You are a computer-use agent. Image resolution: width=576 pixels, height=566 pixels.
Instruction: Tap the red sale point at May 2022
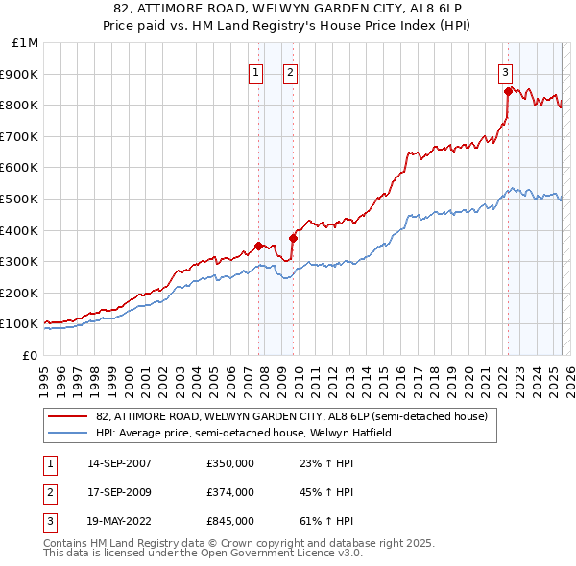[507, 92]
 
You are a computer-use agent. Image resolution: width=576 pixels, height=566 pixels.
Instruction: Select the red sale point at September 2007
[258, 245]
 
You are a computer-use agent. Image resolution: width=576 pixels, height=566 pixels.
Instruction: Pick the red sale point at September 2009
[293, 238]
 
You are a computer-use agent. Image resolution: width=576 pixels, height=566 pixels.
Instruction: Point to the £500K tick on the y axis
[19, 199]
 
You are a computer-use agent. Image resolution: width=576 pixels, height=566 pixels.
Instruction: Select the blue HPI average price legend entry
[244, 433]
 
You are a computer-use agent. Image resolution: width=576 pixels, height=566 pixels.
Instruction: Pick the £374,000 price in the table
[230, 492]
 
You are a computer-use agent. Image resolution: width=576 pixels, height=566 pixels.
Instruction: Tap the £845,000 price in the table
[230, 521]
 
